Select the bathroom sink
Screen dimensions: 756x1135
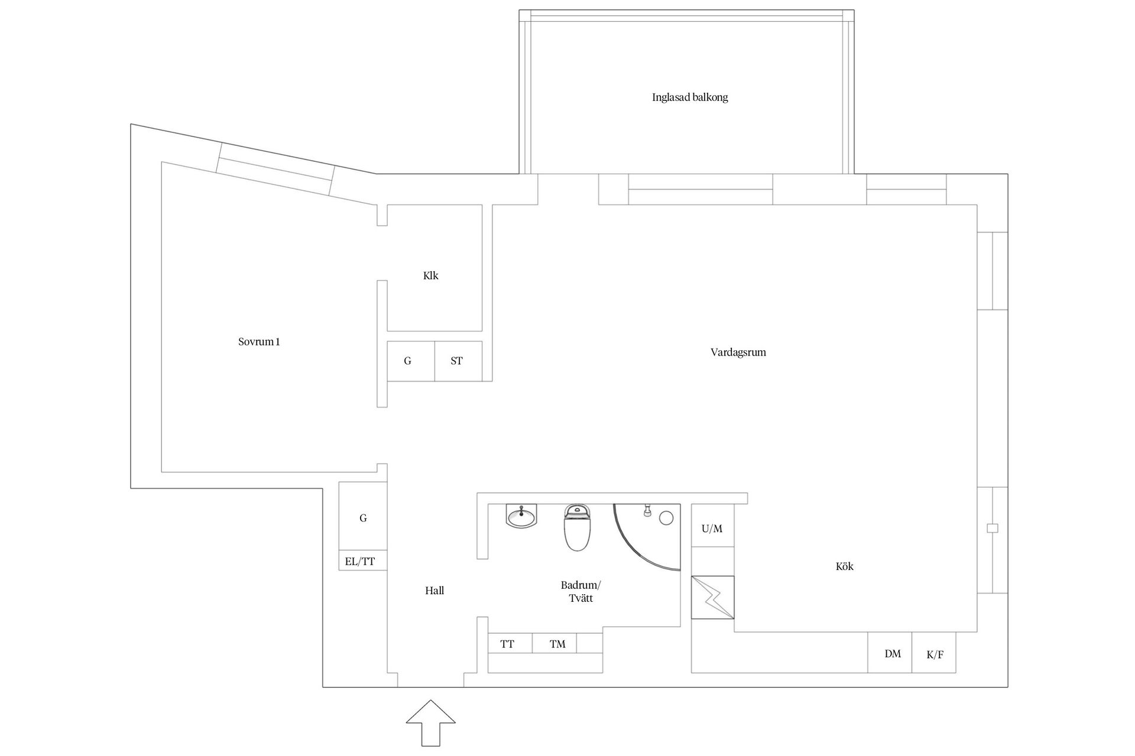click(521, 517)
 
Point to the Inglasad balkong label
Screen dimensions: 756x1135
click(690, 97)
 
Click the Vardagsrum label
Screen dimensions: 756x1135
click(738, 353)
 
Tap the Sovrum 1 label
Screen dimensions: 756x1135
click(259, 342)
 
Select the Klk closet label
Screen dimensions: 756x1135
click(430, 276)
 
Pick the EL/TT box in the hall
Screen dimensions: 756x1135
click(360, 561)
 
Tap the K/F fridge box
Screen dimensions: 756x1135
click(934, 653)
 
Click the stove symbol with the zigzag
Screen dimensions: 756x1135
click(713, 597)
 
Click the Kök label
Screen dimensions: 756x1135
click(844, 566)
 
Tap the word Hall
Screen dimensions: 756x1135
click(434, 591)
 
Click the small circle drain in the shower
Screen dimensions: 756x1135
click(666, 519)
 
